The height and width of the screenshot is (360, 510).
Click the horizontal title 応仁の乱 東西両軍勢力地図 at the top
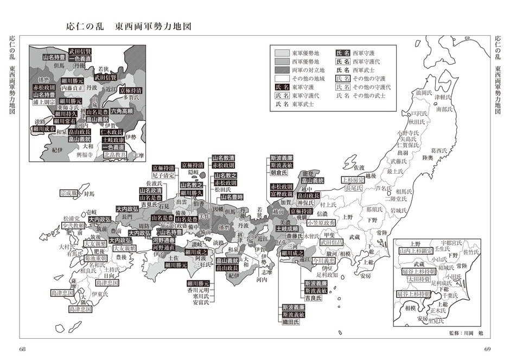[x=129, y=26]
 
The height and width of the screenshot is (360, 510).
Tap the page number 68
[x=22, y=349]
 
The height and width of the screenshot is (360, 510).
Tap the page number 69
[x=487, y=349]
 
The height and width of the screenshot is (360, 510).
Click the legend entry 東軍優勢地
[x=304, y=53]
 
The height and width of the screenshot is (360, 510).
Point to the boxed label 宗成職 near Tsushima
[x=69, y=193]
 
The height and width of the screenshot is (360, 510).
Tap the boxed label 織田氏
[x=292, y=322]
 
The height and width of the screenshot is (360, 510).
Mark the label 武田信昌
[x=333, y=243]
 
